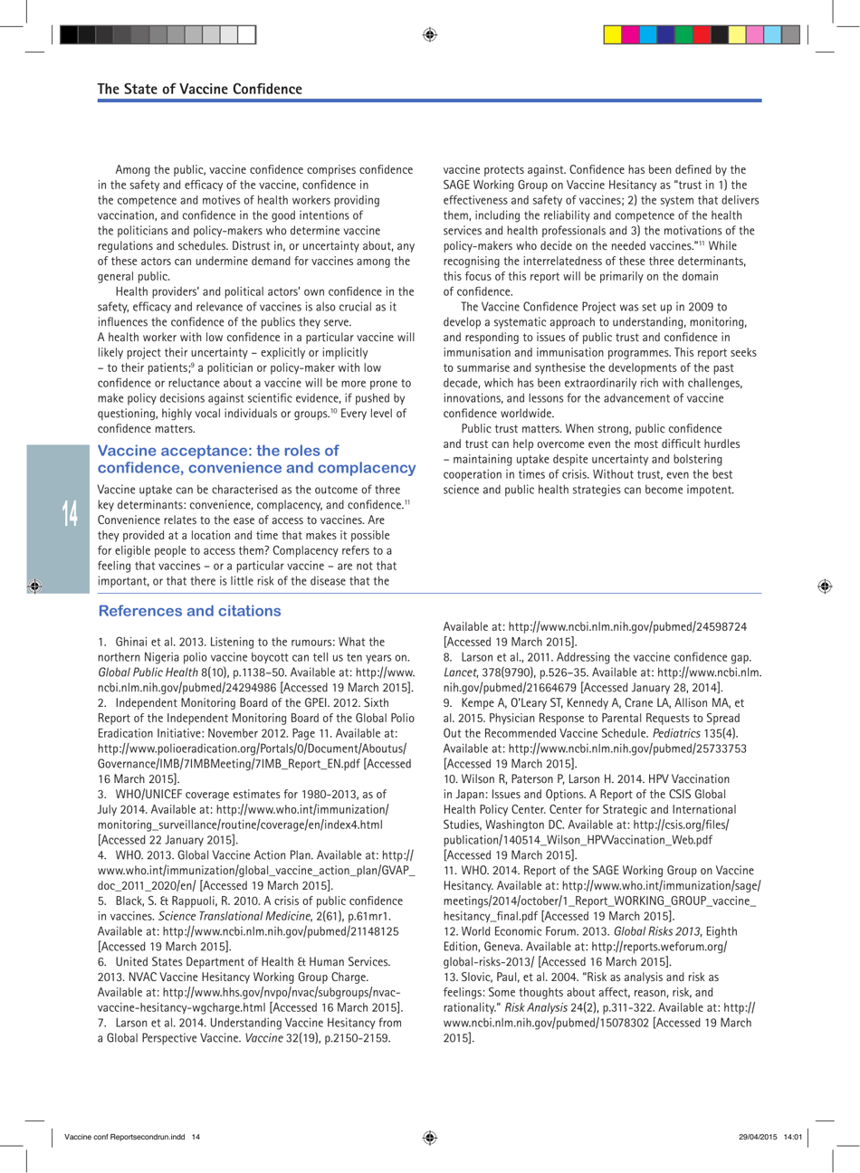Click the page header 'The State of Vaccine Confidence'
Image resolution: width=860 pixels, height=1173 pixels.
(x=199, y=89)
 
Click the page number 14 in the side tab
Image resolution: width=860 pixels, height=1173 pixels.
(x=71, y=514)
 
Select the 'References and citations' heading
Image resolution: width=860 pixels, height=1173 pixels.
(x=189, y=611)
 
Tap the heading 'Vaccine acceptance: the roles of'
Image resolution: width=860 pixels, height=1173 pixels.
(x=218, y=451)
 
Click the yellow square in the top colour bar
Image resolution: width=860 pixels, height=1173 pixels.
(x=613, y=35)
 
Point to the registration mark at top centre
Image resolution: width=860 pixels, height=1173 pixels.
(x=430, y=35)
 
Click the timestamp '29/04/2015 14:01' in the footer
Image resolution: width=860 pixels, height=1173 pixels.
(x=769, y=1137)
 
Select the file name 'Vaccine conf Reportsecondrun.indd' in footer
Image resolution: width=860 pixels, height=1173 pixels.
(x=125, y=1137)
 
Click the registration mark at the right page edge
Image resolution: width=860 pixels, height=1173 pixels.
(x=824, y=586)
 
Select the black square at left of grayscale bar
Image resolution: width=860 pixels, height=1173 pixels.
(x=69, y=35)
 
